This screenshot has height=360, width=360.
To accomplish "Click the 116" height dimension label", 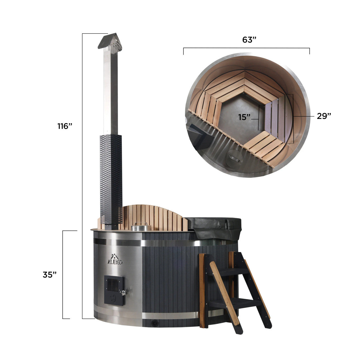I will pyautogui.click(x=65, y=126).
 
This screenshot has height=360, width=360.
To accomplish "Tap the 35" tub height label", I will pyautogui.click(x=50, y=275).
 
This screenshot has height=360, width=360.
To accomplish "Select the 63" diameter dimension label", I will pyautogui.click(x=249, y=40).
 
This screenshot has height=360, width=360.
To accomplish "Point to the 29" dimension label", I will pyautogui.click(x=324, y=116).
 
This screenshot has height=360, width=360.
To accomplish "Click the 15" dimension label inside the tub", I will pyautogui.click(x=244, y=117).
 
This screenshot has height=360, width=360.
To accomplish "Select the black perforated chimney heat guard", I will pyautogui.click(x=111, y=180).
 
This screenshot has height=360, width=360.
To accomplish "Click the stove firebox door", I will pyautogui.click(x=114, y=290).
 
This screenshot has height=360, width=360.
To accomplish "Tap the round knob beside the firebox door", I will pyautogui.click(x=123, y=293).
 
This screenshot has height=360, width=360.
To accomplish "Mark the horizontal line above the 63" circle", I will pyautogui.click(x=246, y=48).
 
